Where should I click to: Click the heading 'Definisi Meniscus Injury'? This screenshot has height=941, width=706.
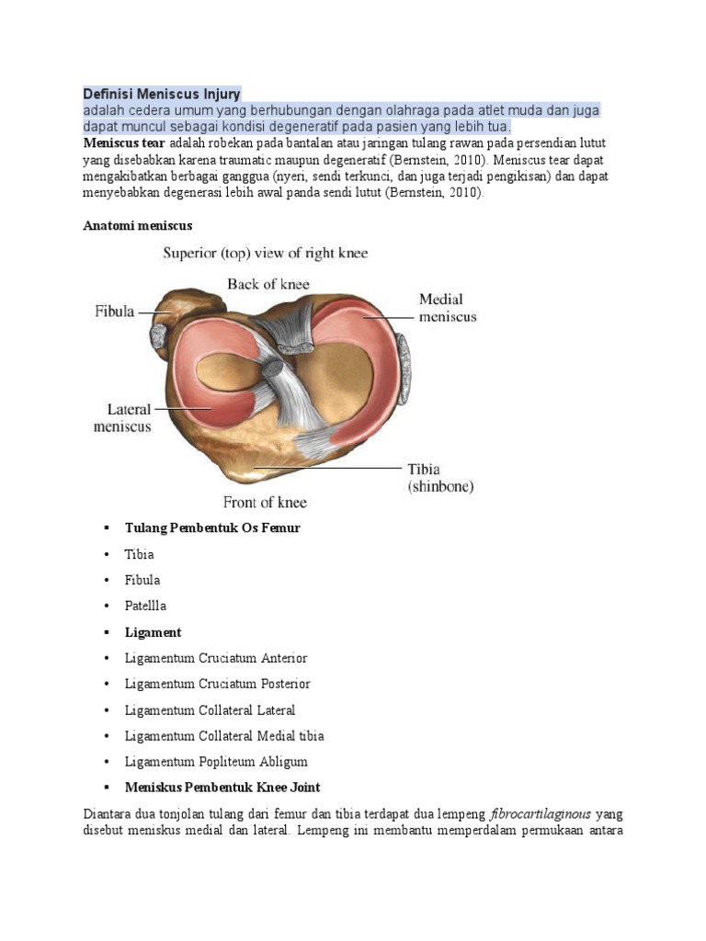coord(162,94)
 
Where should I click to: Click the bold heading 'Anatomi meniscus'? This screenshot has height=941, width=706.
coord(137,224)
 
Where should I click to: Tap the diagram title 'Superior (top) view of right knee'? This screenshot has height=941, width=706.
coord(266,253)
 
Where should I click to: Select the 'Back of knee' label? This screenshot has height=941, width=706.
coord(269,284)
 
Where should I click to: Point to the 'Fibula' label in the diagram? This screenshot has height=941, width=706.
coord(115,312)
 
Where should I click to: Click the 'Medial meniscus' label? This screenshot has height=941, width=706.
coord(448,308)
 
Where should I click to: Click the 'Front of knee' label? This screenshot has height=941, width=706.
coord(266,503)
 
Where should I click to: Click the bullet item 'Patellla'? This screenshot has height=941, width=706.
coord(146,607)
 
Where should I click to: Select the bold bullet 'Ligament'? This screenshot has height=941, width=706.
coord(153,632)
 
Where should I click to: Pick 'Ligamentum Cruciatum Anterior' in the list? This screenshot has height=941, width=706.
coord(216,658)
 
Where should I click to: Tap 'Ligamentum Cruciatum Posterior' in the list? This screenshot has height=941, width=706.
coord(218,684)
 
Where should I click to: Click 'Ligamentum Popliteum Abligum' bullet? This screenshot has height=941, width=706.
coord(216,762)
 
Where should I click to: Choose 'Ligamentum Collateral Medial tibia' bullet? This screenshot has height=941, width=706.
coord(224,736)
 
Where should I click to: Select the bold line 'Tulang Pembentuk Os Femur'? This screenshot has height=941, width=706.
coord(212,528)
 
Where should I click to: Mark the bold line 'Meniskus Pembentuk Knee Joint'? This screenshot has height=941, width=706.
coord(222,788)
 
